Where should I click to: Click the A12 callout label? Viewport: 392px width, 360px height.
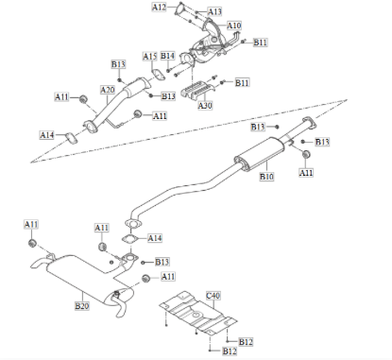click(159, 8)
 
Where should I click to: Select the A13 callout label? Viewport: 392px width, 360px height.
click(215, 11)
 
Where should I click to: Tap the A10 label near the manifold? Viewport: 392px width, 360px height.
click(233, 26)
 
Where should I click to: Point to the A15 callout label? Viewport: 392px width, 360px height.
click(149, 57)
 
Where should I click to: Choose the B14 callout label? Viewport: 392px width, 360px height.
click(167, 57)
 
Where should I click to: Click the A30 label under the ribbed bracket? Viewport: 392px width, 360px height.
click(205, 105)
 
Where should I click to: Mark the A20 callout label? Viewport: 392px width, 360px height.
click(107, 90)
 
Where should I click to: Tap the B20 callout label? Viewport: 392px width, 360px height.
click(81, 307)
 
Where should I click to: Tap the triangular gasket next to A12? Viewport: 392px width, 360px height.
click(182, 12)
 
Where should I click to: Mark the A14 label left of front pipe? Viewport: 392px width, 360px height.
click(47, 135)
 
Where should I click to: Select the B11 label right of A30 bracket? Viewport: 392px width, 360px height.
click(242, 83)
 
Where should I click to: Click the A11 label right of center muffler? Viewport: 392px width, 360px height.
click(307, 173)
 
